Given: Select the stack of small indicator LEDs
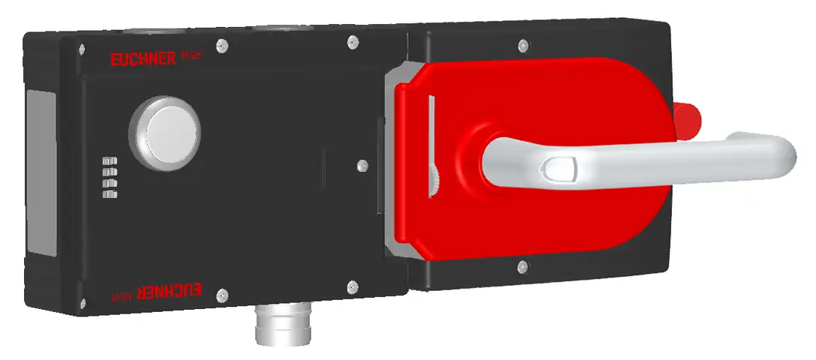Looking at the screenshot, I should click(x=110, y=177).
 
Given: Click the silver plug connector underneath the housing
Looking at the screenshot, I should click(x=273, y=324).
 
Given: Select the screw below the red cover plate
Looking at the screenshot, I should click(x=520, y=265).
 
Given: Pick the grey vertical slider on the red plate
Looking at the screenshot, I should click(x=430, y=142).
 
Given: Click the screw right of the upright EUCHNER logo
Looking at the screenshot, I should click(x=220, y=46).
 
